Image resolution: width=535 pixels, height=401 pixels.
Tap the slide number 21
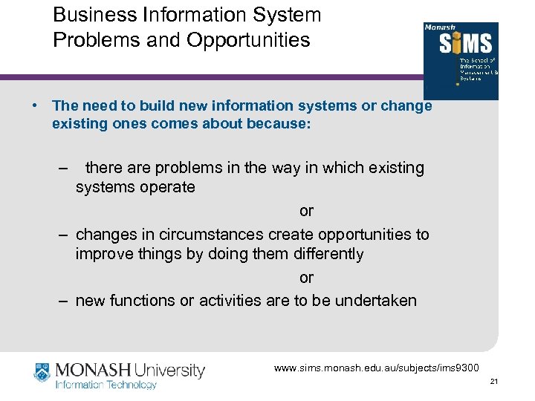[493, 382]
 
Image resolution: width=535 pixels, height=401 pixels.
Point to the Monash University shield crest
[43, 374]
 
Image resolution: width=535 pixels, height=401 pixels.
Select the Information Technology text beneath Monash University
[107, 385]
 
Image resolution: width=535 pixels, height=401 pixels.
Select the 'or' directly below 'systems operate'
[306, 211]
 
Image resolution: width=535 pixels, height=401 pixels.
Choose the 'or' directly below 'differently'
[306, 278]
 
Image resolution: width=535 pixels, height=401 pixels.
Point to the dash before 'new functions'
[65, 300]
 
